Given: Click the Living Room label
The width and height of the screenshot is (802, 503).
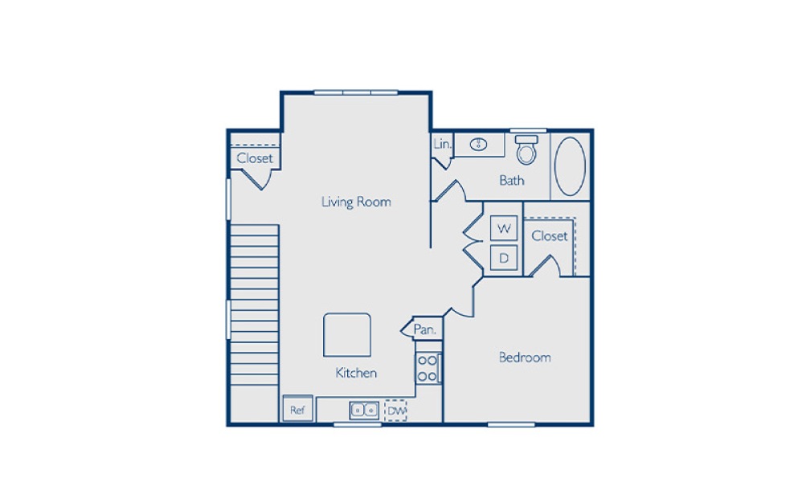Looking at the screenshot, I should tap(356, 202).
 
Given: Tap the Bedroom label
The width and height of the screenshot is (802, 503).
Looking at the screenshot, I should tap(525, 358).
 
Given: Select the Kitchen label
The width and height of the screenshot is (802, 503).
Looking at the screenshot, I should tap(356, 373).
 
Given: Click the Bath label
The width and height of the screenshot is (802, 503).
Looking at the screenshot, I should tap(512, 180).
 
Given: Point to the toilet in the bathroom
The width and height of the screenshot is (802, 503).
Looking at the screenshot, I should tap(526, 149).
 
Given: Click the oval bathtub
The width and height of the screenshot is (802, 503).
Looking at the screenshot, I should tap(571, 166).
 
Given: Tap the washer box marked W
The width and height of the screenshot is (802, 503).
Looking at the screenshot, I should tap(505, 228).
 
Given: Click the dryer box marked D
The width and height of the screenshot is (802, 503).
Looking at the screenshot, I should tap(505, 258).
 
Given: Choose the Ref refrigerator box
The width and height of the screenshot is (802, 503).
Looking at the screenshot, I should tap(297, 410).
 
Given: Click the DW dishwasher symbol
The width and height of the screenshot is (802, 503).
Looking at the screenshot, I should tap(395, 411).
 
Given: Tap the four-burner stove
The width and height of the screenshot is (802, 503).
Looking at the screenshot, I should tap(428, 367).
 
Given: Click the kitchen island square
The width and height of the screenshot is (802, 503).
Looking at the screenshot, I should tap(347, 334).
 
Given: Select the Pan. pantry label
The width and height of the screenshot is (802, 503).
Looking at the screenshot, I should tap(424, 329).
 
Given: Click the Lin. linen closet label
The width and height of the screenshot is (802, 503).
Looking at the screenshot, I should tap(442, 145).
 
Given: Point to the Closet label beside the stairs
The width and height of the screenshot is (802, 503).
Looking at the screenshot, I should tap(255, 158).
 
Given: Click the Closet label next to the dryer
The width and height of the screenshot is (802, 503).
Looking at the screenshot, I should tap(550, 235).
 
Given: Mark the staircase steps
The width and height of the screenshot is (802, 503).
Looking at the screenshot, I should tap(255, 305).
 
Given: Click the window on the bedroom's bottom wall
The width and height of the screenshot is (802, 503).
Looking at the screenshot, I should tap(511, 423).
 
